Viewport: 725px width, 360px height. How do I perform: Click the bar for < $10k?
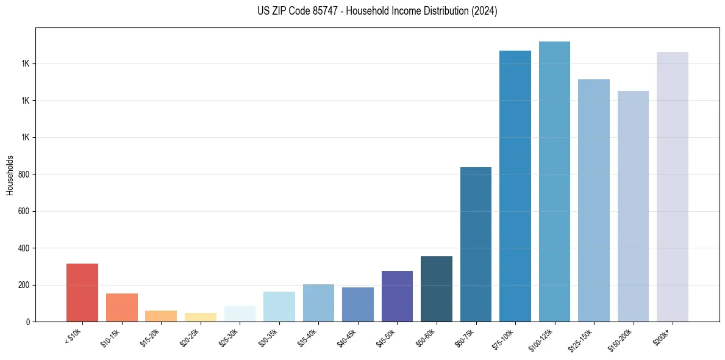[82, 292]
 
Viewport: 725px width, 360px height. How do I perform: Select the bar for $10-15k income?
[121, 308]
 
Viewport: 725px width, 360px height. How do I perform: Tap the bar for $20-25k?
[200, 317]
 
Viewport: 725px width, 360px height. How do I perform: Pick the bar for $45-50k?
[397, 296]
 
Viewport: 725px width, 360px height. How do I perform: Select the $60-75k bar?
[476, 244]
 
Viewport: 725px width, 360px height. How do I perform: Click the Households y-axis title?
[10, 175]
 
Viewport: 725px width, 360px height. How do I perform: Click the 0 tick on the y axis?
[27, 322]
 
